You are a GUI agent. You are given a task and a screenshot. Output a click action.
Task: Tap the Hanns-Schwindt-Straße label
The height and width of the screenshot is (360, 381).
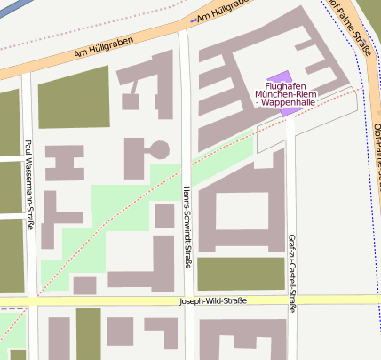coord(187,227)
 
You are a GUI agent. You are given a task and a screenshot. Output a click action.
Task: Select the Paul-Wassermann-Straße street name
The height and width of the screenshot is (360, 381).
coord(29,184)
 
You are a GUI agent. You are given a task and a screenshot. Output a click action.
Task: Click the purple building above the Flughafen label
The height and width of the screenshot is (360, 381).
coord(279,78)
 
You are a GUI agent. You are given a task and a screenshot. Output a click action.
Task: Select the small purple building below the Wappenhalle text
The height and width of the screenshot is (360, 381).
coord(285,112)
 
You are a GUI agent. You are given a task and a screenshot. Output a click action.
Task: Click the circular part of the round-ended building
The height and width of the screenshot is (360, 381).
coord(160,150)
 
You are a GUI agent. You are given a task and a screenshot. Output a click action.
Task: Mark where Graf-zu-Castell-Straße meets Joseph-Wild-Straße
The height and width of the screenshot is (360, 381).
coord(290,300)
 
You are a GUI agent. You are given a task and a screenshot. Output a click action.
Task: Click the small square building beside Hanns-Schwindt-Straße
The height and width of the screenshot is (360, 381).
coord(164,215)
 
